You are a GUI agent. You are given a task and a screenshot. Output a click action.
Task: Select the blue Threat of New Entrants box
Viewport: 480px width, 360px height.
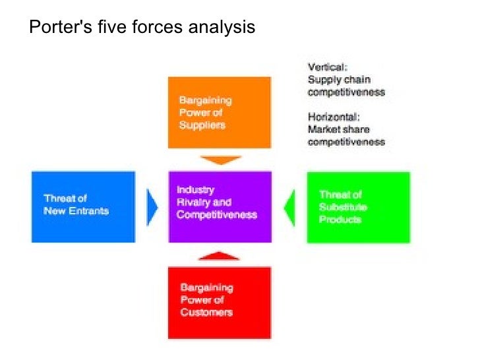83,206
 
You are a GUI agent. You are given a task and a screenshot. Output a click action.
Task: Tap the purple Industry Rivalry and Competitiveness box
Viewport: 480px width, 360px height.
220,206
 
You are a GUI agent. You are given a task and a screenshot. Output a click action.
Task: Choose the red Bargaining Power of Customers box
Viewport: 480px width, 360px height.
220,302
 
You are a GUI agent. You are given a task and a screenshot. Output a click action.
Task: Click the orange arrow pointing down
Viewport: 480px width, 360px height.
220,160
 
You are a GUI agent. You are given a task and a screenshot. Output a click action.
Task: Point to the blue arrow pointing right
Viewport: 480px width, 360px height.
152,207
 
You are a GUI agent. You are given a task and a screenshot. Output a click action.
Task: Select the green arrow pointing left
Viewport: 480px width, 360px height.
289,207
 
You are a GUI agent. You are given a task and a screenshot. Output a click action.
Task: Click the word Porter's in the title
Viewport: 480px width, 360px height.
55,28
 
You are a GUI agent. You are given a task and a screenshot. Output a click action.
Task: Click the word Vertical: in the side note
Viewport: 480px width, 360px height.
328,67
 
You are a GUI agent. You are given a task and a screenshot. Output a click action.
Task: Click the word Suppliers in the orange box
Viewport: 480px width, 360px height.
202,125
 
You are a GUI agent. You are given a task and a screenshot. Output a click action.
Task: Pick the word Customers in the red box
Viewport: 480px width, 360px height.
206,312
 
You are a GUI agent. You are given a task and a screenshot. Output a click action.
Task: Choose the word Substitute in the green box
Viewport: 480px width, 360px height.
343,207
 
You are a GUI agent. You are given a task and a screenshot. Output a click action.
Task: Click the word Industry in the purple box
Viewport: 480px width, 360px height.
195,190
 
